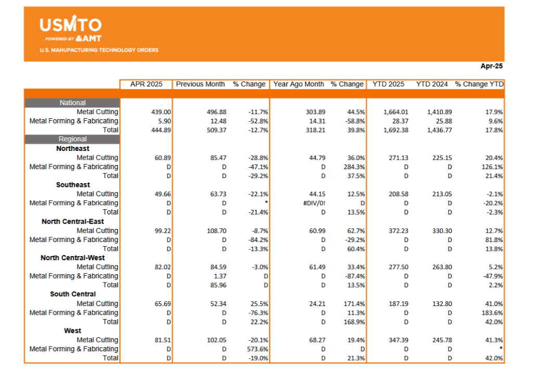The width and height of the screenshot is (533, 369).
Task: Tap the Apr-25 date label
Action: (x=491, y=66)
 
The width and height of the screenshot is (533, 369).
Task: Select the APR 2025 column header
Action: (x=146, y=84)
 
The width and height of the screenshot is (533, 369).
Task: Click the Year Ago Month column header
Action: (x=298, y=84)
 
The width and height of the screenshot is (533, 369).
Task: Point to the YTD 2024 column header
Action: (x=432, y=84)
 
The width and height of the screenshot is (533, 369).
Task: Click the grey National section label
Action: (x=72, y=103)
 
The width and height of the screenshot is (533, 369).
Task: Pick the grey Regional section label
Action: (x=72, y=139)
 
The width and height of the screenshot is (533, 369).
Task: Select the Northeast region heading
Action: (x=73, y=148)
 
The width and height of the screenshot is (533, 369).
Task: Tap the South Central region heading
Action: (x=73, y=294)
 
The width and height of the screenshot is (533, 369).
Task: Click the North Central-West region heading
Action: (x=73, y=258)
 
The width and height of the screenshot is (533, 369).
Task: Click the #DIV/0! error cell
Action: (x=314, y=203)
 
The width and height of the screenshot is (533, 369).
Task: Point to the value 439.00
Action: (x=161, y=112)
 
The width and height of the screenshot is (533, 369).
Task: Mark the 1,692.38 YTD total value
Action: (x=396, y=130)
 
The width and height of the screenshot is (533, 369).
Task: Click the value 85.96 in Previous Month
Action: (x=218, y=285)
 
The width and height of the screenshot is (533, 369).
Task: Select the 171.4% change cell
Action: (x=354, y=304)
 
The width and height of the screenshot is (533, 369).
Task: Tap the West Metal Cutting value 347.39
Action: (x=398, y=340)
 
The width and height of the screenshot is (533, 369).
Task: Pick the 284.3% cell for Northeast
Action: (x=354, y=167)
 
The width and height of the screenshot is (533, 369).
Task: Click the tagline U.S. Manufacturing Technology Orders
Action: (x=99, y=50)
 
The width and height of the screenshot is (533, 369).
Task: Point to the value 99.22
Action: (x=163, y=231)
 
